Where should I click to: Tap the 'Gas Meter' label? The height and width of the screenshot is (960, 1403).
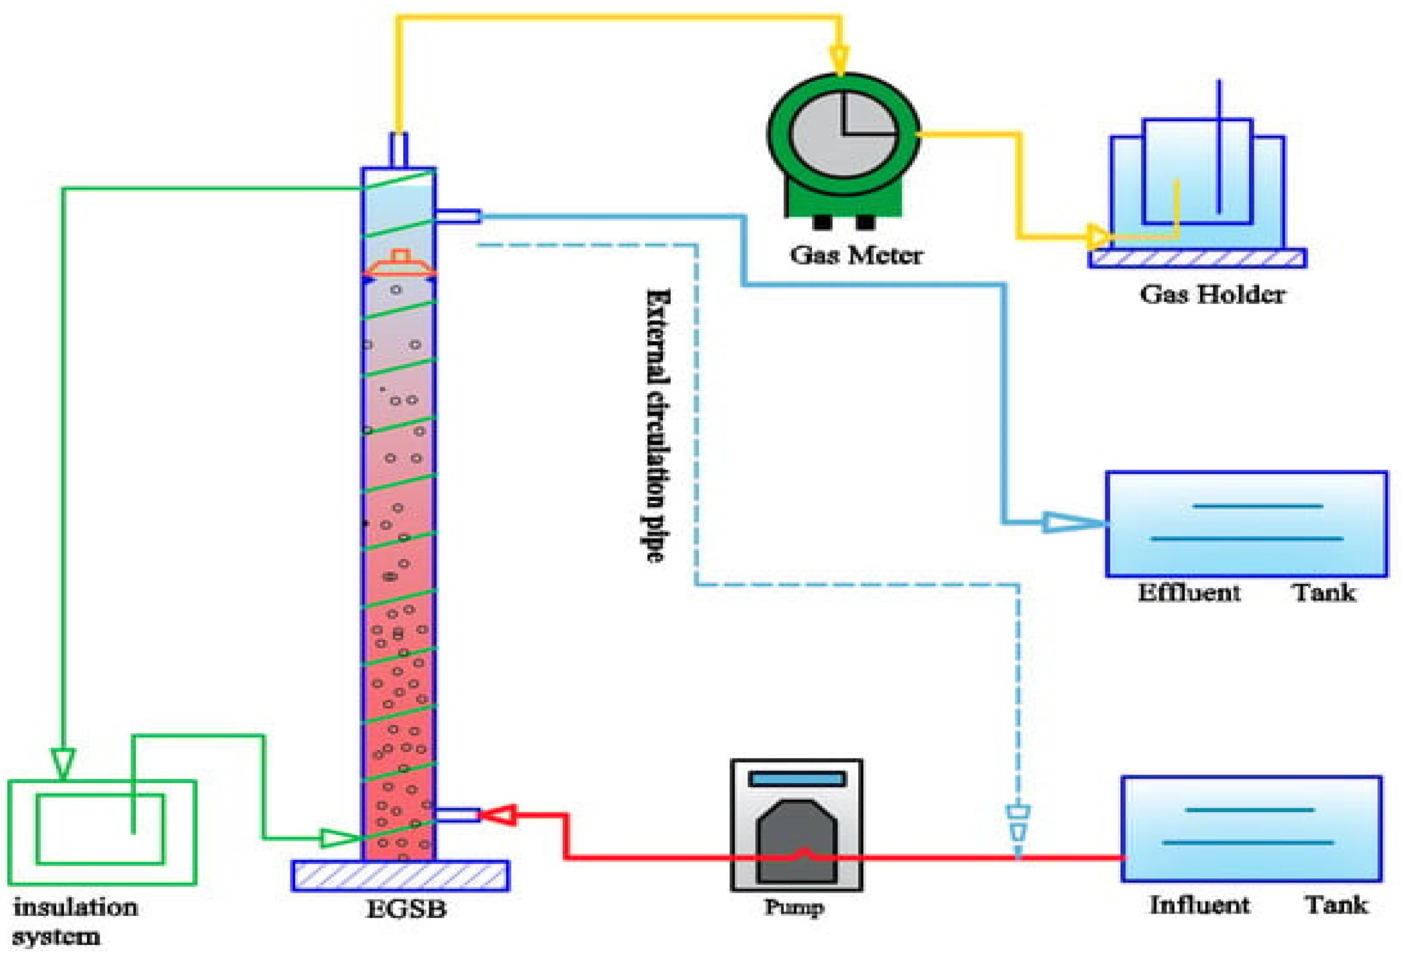tap(856, 255)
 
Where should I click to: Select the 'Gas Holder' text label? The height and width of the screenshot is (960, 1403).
tap(1212, 295)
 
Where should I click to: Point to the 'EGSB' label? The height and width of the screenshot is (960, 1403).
tap(406, 909)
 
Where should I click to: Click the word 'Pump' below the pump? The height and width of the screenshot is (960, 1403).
tap(794, 907)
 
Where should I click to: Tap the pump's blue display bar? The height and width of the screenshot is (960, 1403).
tap(797, 779)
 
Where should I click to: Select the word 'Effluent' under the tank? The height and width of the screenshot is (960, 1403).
tap(1189, 593)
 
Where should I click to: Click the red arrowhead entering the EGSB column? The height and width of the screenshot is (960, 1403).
tap(498, 815)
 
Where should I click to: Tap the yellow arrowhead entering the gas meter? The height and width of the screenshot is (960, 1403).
tap(840, 60)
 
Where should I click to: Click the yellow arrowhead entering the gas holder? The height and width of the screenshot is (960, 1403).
tap(1099, 237)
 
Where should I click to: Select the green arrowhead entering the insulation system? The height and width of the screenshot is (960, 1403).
tap(63, 762)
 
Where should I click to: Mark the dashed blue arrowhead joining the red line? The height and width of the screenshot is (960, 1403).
tap(1018, 824)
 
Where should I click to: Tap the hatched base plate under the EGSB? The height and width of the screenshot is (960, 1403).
tap(400, 875)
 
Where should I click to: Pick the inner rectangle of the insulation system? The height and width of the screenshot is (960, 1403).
tap(100, 828)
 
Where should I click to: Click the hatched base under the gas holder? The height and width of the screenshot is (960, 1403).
tap(1198, 258)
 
